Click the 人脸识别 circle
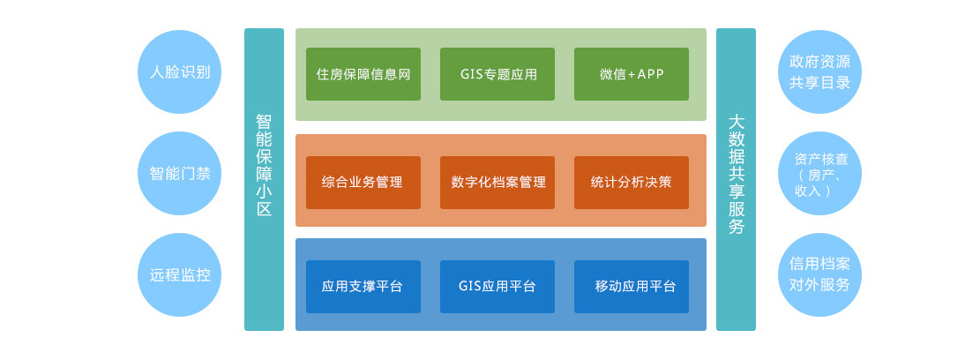pyautogui.click(x=179, y=71)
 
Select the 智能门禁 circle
pyautogui.click(x=179, y=173)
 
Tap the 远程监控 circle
pyautogui.click(x=179, y=274)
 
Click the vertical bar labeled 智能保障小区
pyautogui.click(x=264, y=179)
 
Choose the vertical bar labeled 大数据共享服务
pyautogui.click(x=736, y=179)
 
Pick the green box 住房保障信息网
pyautogui.click(x=363, y=74)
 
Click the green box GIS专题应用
pyautogui.click(x=497, y=74)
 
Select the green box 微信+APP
pyautogui.click(x=632, y=74)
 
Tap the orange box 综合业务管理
pyautogui.click(x=363, y=183)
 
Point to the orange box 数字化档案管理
pyautogui.click(x=497, y=183)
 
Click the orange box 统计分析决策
pyautogui.click(x=632, y=183)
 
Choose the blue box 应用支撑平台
pyautogui.click(x=363, y=286)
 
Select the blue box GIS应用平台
pyautogui.click(x=497, y=286)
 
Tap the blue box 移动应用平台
pyautogui.click(x=632, y=286)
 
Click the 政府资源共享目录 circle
pyautogui.click(x=820, y=71)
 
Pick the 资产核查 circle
pyautogui.click(x=820, y=173)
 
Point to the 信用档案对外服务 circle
pyautogui.click(x=820, y=274)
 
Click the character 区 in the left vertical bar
pyautogui.click(x=265, y=209)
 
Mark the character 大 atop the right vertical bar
pyautogui.click(x=737, y=121)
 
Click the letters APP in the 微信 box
pyautogui.click(x=651, y=74)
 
